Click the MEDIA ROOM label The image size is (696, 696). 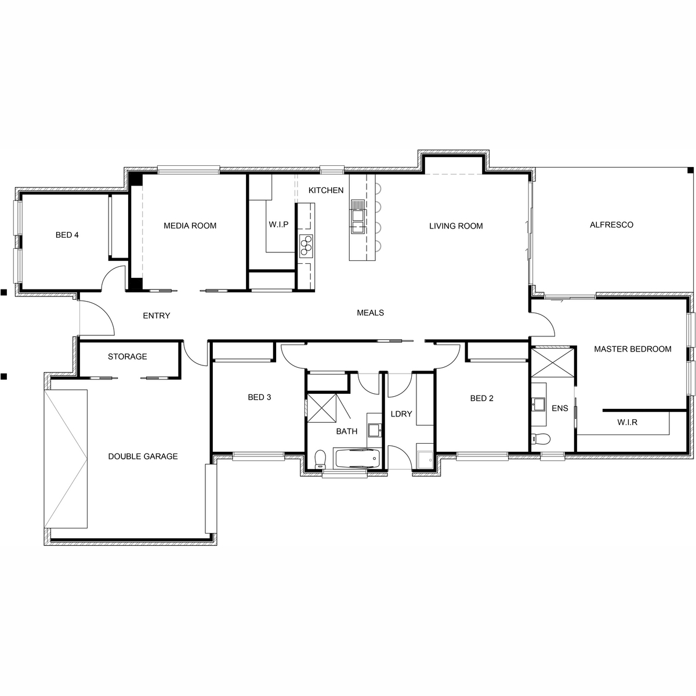(x=190, y=226)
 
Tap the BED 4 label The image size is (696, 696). (x=67, y=235)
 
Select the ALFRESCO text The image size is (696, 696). (x=611, y=225)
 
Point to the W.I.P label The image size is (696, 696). (x=278, y=224)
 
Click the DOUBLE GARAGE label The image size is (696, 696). (x=143, y=456)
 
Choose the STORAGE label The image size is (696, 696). (x=128, y=357)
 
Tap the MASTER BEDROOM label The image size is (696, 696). (x=633, y=349)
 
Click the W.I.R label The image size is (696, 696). (x=628, y=422)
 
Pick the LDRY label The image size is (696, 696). (x=401, y=414)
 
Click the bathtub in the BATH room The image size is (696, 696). (x=358, y=458)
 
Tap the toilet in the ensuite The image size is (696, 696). (x=541, y=439)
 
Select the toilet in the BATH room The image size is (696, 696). (x=320, y=459)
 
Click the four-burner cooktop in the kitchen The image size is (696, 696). (x=306, y=245)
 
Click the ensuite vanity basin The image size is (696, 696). (x=539, y=404)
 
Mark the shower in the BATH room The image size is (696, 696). (x=321, y=407)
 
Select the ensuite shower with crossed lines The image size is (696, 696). (x=552, y=362)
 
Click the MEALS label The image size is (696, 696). (x=370, y=313)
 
